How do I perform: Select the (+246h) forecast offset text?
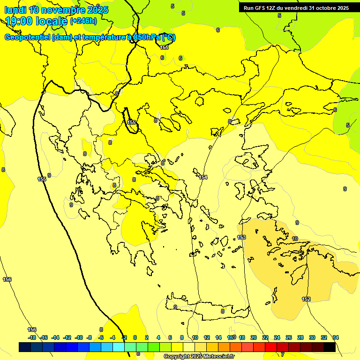(x=83, y=21)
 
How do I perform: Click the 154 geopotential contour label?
(x=203, y=177)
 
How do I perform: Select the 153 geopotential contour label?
(x=241, y=237)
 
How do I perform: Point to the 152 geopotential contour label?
(x=306, y=299)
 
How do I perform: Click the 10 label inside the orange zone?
(x=294, y=239)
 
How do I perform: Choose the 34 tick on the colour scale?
(x=336, y=337)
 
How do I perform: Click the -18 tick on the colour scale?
(x=32, y=337)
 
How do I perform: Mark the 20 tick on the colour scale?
(x=253, y=337)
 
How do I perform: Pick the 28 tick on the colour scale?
(x=300, y=337)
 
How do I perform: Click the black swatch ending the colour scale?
(x=329, y=347)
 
